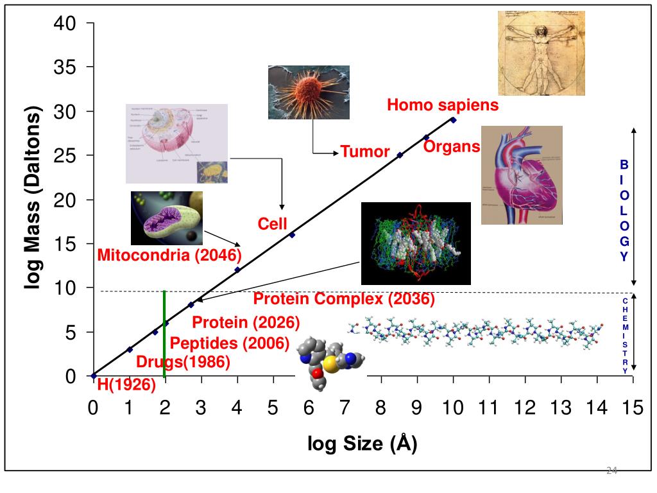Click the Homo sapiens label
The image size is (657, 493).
pyautogui.click(x=442, y=105)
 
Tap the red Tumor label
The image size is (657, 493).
pyautogui.click(x=364, y=151)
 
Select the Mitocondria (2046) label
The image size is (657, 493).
pyautogui.click(x=169, y=255)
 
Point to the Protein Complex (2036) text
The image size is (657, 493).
pyautogui.click(x=343, y=298)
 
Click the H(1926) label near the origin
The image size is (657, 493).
pyautogui.click(x=126, y=385)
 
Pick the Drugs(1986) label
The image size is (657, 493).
pyautogui.click(x=183, y=362)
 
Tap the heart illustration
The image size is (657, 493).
pyautogui.click(x=522, y=175)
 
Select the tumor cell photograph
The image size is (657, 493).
pyautogui.click(x=309, y=92)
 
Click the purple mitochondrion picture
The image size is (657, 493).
pyautogui.click(x=167, y=218)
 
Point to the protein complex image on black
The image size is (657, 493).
pyautogui.click(x=416, y=243)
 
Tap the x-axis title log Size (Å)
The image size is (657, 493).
pyautogui.click(x=363, y=443)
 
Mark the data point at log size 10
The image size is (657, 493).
pyautogui.click(x=453, y=120)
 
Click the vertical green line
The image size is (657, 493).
pyautogui.click(x=165, y=334)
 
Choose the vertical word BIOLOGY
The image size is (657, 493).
pyautogui.click(x=624, y=211)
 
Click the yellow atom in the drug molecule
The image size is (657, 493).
pyautogui.click(x=330, y=365)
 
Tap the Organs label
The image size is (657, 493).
pyautogui.click(x=452, y=146)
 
